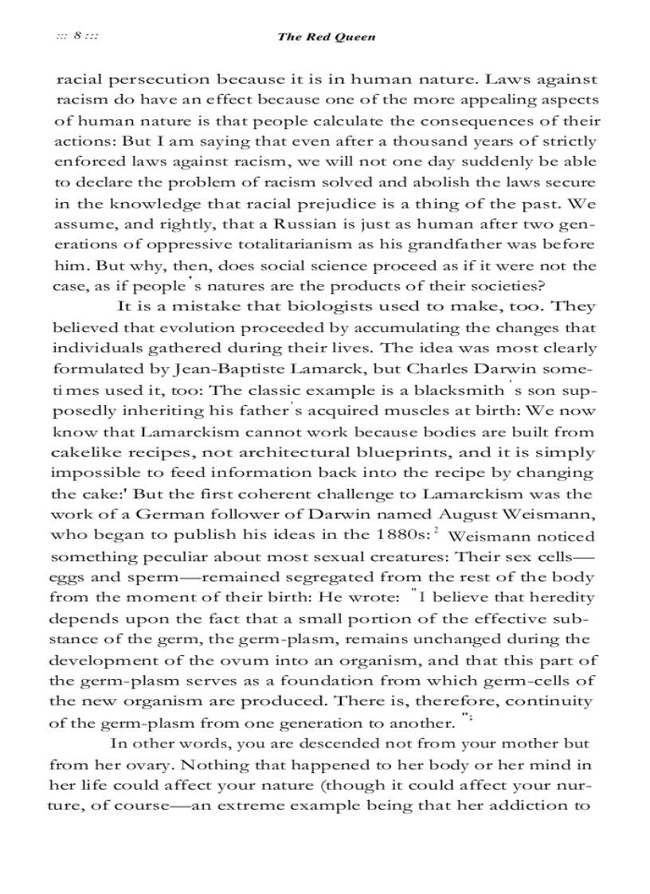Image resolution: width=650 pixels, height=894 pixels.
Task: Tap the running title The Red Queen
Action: point(326,37)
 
